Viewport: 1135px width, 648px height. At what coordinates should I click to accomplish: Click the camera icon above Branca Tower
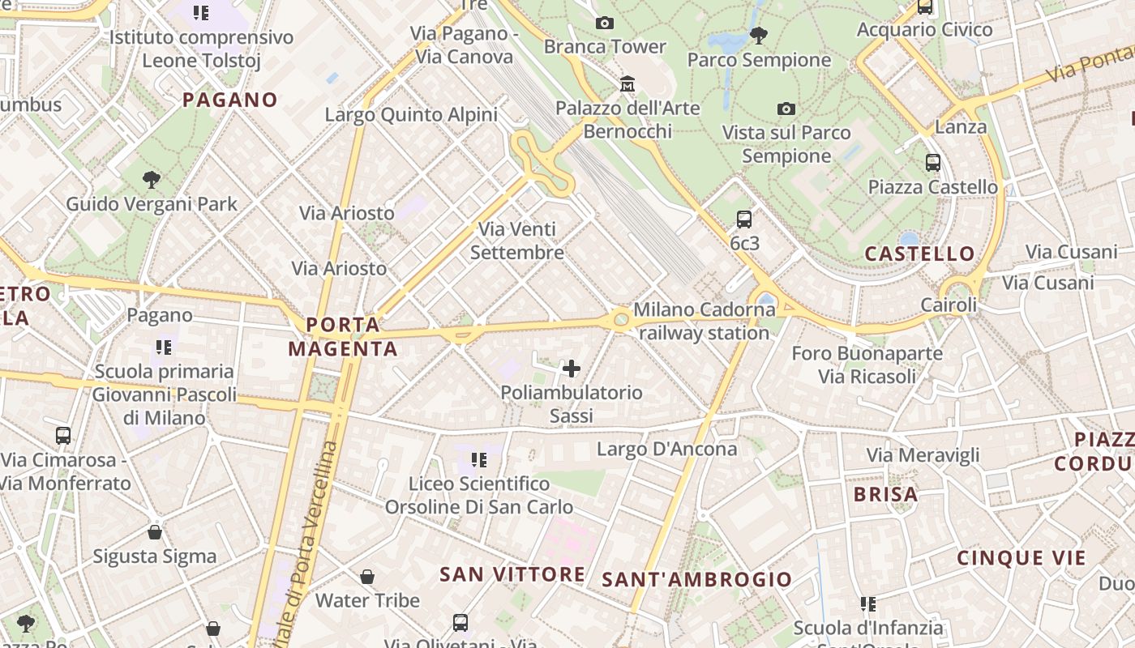click(604, 23)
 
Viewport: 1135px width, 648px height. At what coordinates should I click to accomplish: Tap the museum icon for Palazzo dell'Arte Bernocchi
click(627, 83)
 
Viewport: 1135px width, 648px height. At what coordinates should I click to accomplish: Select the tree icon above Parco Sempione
click(759, 35)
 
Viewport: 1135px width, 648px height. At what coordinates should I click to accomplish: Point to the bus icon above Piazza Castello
click(933, 162)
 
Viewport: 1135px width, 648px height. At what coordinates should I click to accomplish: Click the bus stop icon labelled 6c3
click(743, 219)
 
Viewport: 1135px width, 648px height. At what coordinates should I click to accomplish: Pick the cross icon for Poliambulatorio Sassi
click(572, 369)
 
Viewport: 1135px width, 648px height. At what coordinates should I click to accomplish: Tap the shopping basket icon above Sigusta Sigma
click(154, 532)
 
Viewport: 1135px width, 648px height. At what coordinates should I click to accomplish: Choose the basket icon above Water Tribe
click(367, 577)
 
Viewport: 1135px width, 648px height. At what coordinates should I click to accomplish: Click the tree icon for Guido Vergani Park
click(151, 179)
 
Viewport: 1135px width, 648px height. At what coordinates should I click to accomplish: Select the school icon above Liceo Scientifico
click(479, 460)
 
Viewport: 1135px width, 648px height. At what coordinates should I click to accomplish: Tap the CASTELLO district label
click(919, 254)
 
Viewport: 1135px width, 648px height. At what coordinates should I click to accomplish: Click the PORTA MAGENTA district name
click(343, 337)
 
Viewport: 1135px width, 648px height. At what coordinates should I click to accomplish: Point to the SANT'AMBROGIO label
click(696, 579)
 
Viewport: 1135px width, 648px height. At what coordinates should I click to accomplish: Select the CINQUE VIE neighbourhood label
click(1021, 558)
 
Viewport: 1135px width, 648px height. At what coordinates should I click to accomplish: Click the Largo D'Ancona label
click(666, 449)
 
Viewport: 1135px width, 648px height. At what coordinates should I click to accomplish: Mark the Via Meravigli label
click(923, 455)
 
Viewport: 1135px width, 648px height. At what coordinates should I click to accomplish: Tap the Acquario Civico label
click(924, 30)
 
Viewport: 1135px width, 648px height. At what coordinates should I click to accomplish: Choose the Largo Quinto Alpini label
click(411, 115)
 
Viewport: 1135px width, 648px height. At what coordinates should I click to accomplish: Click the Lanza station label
click(961, 127)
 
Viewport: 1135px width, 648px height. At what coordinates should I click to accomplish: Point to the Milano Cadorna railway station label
click(703, 321)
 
